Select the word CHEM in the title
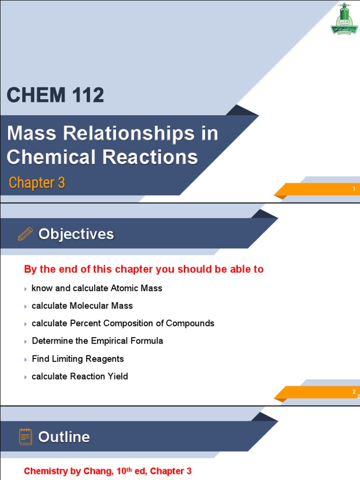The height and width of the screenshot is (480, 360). pyautogui.click(x=30, y=95)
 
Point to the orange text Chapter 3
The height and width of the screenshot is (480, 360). pyautogui.click(x=37, y=183)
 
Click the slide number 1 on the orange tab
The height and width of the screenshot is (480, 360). pyautogui.click(x=354, y=189)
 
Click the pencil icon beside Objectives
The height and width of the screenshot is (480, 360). pyautogui.click(x=25, y=233)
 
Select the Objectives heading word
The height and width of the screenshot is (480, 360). pyautogui.click(x=76, y=234)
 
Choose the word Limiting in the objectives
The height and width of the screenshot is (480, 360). pyautogui.click(x=65, y=359)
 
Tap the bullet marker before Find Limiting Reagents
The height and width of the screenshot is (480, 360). pyautogui.click(x=26, y=360)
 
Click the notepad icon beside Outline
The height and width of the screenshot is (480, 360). pyautogui.click(x=25, y=436)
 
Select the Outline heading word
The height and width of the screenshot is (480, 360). pyautogui.click(x=64, y=437)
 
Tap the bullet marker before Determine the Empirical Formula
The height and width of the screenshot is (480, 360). pyautogui.click(x=26, y=342)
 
